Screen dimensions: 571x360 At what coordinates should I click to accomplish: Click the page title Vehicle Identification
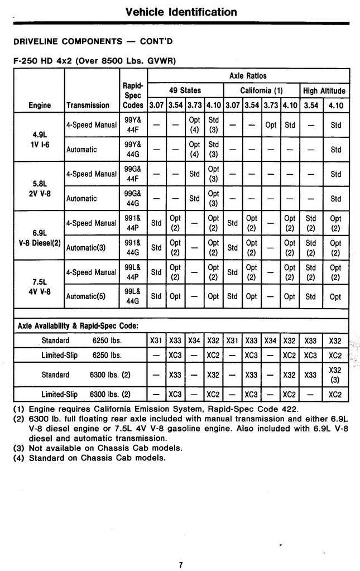(181, 12)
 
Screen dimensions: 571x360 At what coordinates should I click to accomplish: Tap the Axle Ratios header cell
(248, 76)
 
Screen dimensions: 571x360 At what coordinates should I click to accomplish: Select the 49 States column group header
(185, 90)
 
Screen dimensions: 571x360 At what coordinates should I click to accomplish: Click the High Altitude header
(324, 90)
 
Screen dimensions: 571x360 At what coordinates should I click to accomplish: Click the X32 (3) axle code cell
(335, 375)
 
